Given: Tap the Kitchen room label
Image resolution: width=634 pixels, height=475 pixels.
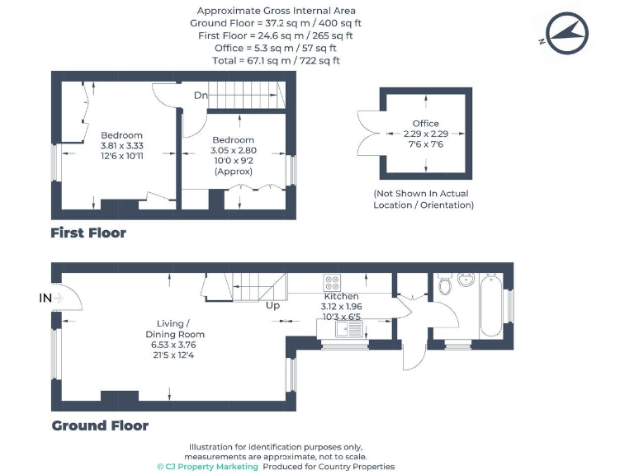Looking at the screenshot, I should click(x=341, y=296).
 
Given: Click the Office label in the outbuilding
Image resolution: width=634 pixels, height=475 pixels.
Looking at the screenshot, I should click(x=426, y=124).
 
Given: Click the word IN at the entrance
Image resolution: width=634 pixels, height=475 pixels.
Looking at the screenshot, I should click(x=45, y=297).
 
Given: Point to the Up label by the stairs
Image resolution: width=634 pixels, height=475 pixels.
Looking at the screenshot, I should click(x=272, y=306).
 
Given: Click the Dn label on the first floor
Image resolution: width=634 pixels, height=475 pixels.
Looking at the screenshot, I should click(x=201, y=95).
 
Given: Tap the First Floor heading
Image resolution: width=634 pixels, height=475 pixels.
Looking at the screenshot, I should click(x=88, y=233).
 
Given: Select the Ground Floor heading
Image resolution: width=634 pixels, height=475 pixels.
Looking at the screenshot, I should click(x=100, y=426).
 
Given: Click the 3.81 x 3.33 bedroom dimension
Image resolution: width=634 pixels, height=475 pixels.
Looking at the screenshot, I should click(x=121, y=146).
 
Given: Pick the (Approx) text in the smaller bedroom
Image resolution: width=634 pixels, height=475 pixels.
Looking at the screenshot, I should click(x=233, y=172).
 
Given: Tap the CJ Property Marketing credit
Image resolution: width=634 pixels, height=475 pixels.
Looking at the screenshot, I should click(x=207, y=467).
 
